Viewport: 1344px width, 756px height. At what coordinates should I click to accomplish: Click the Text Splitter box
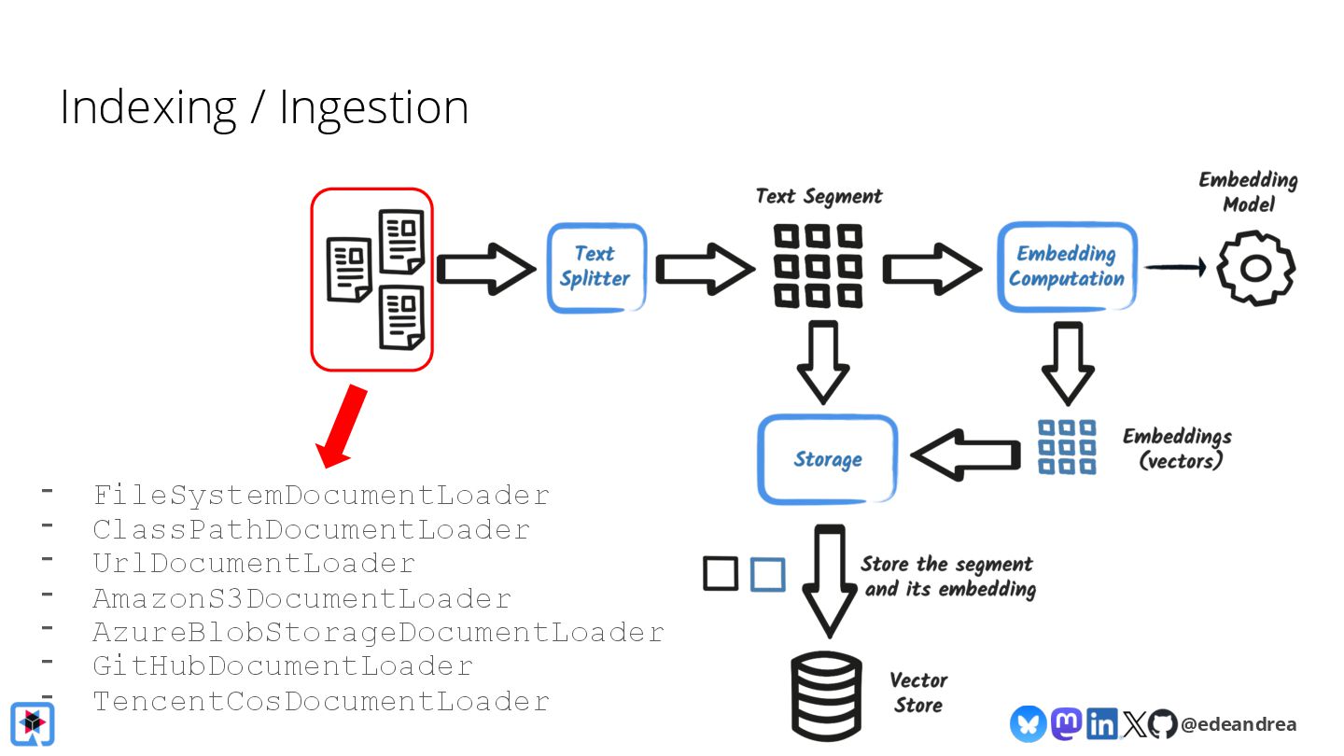tap(595, 267)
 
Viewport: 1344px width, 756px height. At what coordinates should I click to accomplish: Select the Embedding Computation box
tap(1067, 267)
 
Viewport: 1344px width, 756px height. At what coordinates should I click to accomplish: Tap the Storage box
tap(827, 459)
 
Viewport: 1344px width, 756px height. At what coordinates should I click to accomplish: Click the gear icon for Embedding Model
tap(1255, 269)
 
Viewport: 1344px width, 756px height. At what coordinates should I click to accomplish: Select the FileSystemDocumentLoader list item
tap(321, 495)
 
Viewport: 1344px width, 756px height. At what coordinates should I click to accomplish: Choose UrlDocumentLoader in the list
tap(254, 564)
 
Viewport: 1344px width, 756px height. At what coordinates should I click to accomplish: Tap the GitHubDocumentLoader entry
tap(283, 666)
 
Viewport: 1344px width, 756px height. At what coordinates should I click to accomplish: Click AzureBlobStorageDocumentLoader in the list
tap(378, 632)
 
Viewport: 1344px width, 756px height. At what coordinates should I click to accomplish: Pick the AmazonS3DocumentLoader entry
tap(301, 598)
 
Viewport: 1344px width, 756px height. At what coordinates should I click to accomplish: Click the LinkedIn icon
tap(1102, 723)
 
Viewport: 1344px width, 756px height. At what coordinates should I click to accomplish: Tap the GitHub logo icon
tap(1162, 723)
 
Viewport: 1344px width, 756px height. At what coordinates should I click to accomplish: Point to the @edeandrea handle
tap(1238, 723)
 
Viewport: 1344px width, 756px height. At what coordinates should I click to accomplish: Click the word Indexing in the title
tap(147, 108)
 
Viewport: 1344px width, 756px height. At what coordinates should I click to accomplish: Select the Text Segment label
tap(819, 196)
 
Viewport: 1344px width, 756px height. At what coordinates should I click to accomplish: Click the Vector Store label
tap(918, 693)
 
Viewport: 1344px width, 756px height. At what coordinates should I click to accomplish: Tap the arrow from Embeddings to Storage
tap(965, 455)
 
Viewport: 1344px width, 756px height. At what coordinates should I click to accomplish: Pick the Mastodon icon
tap(1066, 723)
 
